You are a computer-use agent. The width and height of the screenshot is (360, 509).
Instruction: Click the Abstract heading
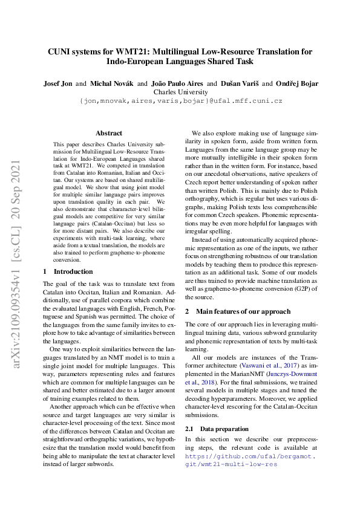[109, 133]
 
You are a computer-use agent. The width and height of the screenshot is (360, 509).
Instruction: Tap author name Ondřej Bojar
[296, 83]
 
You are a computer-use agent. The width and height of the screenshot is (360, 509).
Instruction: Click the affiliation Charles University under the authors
[180, 92]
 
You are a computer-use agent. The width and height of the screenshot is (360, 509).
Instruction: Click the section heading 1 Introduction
[68, 271]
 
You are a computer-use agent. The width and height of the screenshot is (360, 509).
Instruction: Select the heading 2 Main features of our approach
[238, 311]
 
